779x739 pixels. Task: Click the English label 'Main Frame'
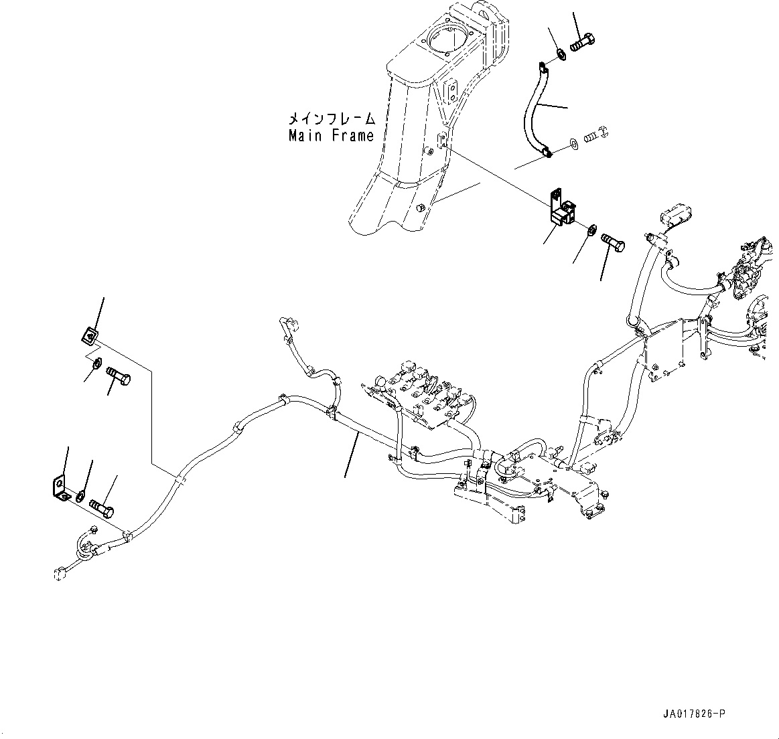pos(331,136)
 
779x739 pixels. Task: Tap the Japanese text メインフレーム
pos(331,119)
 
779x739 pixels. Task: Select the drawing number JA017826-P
pos(691,714)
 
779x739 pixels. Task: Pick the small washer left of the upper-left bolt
pos(96,363)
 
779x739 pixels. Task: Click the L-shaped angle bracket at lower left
pos(60,487)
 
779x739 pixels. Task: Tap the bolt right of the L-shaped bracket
pos(102,506)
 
